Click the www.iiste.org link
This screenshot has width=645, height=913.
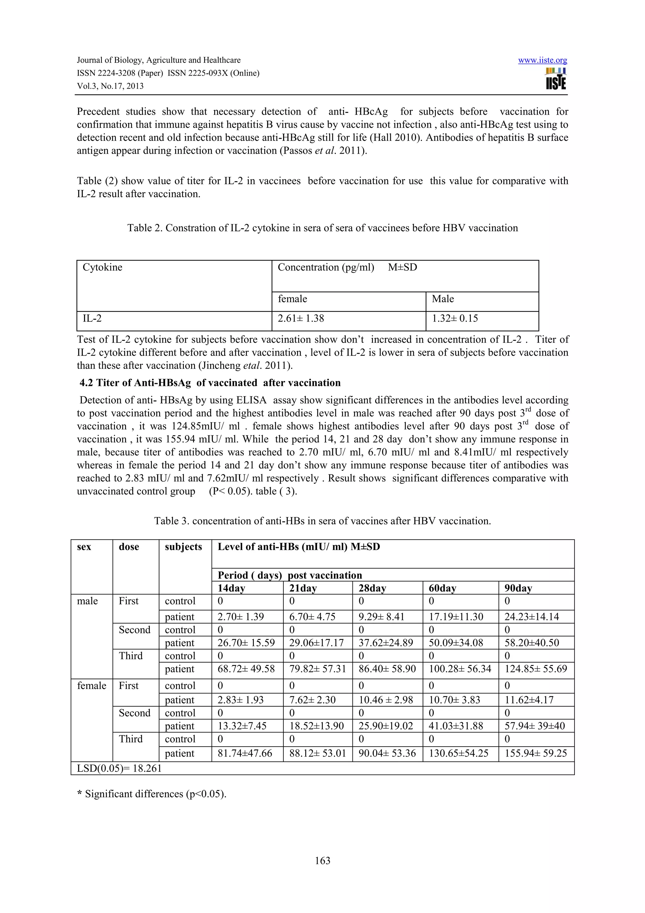(542, 60)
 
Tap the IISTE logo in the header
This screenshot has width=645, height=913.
(556, 79)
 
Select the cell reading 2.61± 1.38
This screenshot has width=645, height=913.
(301, 319)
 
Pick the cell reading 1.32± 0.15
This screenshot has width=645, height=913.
(455, 319)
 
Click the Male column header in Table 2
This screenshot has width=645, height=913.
(443, 299)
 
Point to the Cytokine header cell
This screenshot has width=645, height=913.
(103, 267)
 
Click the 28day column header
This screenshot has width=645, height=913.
(372, 588)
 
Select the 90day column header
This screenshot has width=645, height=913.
(518, 588)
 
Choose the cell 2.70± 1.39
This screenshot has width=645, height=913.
(241, 617)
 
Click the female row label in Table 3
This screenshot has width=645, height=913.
(91, 686)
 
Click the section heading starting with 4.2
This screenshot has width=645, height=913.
(210, 383)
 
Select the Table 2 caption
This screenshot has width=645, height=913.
(322, 228)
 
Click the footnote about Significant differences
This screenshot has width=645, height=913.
(151, 794)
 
